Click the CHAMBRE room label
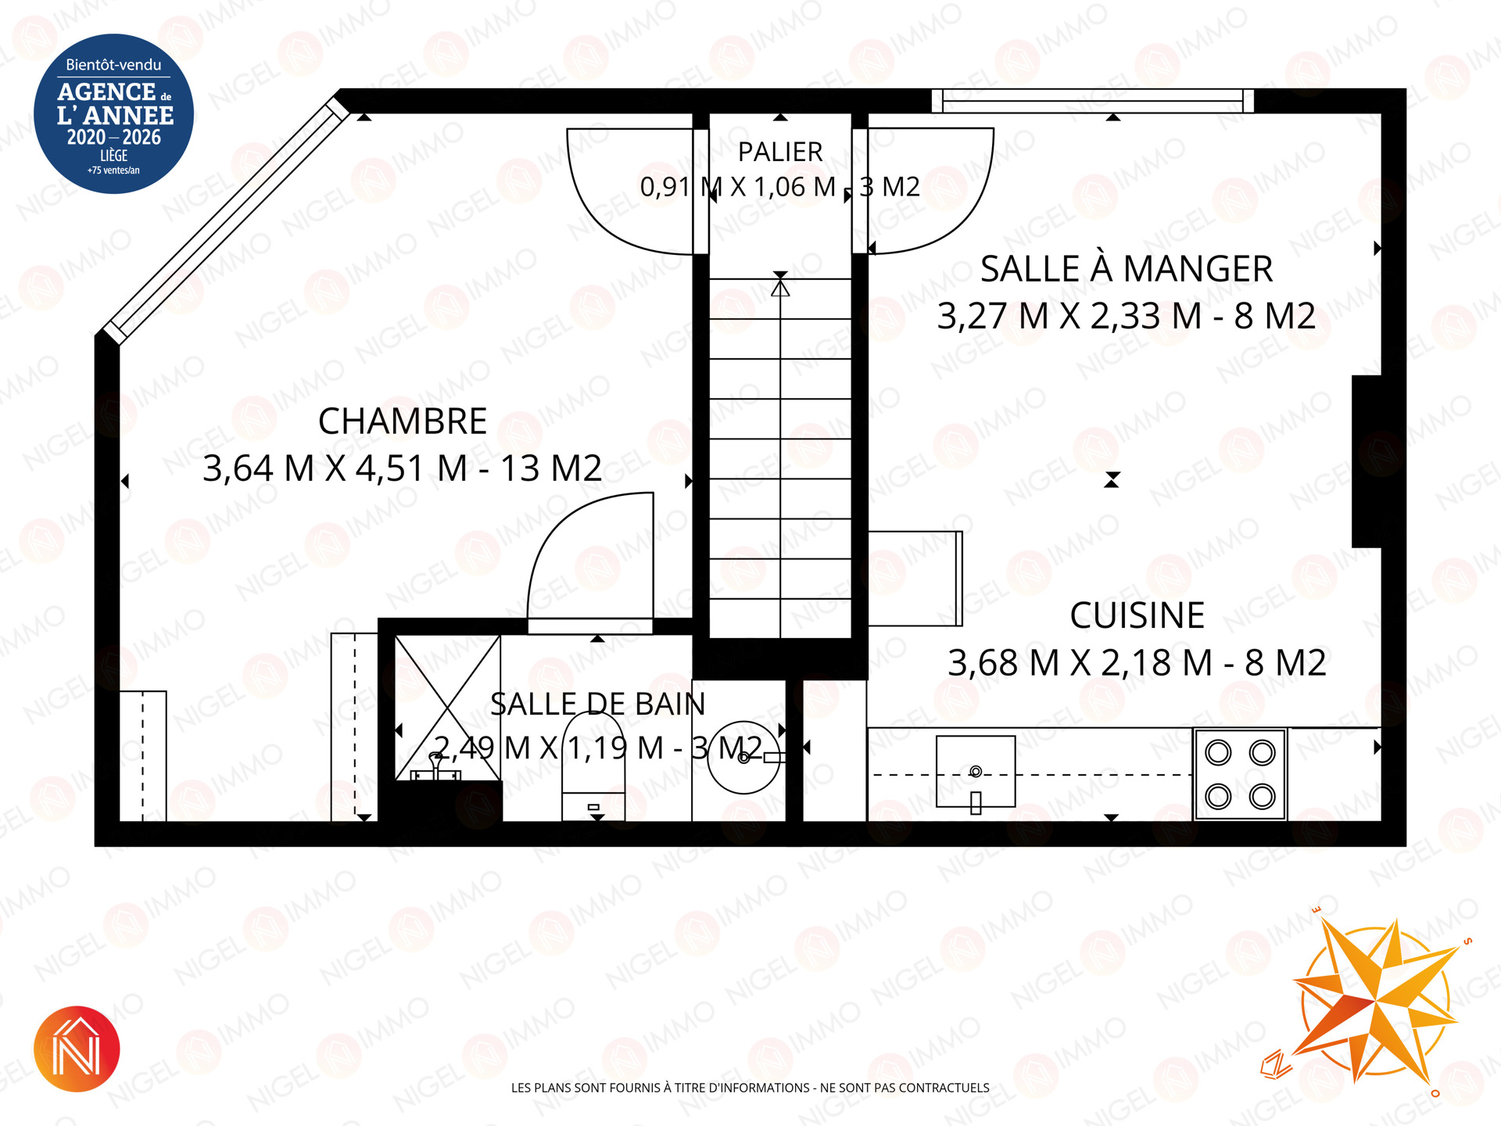click(403, 421)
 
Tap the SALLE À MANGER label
click(1127, 269)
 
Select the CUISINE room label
click(1137, 615)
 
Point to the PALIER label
click(780, 152)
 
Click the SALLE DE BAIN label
click(597, 705)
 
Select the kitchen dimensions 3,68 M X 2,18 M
click(1080, 663)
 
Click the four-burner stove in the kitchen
click(1240, 775)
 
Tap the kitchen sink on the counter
click(976, 772)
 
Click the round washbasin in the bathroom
click(744, 757)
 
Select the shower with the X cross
click(447, 708)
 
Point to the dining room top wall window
click(1093, 101)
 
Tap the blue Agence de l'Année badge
click(114, 113)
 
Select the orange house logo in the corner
click(77, 1049)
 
